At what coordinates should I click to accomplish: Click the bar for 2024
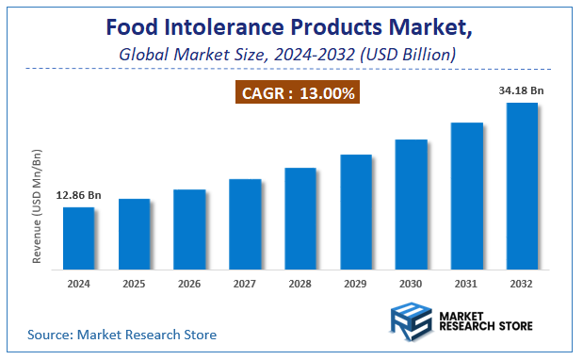(x=78, y=237)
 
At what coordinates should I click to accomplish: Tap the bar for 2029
(x=356, y=210)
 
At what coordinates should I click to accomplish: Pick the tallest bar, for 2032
(x=522, y=184)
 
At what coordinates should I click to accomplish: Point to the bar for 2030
(x=411, y=203)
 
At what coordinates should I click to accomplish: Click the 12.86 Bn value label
(x=78, y=195)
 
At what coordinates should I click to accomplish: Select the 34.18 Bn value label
(x=522, y=90)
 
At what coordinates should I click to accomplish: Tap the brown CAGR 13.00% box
(x=297, y=93)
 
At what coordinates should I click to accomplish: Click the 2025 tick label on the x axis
(x=134, y=283)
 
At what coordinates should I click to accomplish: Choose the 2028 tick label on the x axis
(x=300, y=283)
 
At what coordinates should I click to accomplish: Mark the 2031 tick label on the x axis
(x=466, y=283)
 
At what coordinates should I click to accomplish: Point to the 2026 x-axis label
(x=189, y=283)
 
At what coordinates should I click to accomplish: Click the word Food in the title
(x=131, y=27)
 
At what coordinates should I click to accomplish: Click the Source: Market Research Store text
(x=121, y=334)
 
